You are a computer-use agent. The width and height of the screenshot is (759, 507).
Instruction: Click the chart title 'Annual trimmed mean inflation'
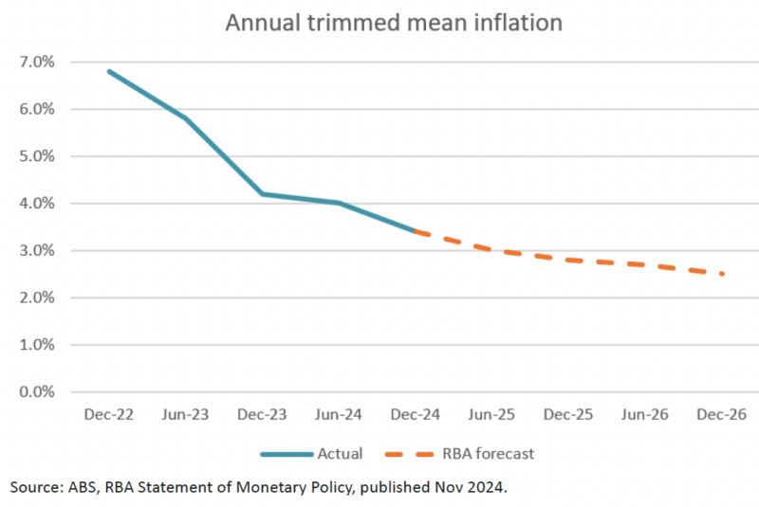click(x=394, y=22)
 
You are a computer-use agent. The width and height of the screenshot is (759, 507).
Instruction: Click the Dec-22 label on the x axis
click(x=109, y=415)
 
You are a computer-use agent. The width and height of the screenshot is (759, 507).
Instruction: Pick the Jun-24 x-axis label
click(x=339, y=415)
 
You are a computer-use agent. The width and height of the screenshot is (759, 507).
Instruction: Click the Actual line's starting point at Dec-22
click(x=109, y=71)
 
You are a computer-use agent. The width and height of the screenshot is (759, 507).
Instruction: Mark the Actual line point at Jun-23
click(x=186, y=118)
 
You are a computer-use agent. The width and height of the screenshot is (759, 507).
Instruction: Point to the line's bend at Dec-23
click(x=263, y=193)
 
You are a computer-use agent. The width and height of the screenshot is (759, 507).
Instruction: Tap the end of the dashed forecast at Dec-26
click(x=723, y=274)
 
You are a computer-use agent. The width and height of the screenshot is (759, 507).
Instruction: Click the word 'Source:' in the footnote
click(x=37, y=487)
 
